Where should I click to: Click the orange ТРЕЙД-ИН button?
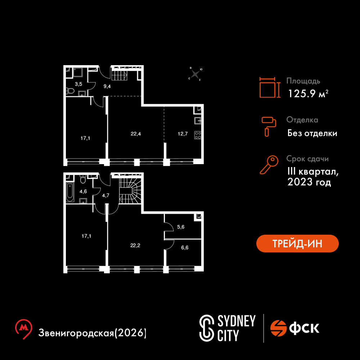297,243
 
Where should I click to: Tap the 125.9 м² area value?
308,94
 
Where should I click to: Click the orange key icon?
269,165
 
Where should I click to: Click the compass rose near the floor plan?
195,74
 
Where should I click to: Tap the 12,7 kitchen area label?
183,134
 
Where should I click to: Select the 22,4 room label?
136,134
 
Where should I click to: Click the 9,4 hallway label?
107,86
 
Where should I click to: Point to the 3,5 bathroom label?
78,84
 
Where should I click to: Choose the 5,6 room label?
181,227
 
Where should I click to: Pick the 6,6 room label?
185,248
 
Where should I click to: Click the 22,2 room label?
135,246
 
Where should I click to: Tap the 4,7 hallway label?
105,195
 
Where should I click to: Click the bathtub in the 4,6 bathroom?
70,192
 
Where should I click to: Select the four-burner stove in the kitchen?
198,135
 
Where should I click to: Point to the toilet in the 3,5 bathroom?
70,91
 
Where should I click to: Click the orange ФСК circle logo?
278,328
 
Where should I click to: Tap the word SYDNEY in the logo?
236,321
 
